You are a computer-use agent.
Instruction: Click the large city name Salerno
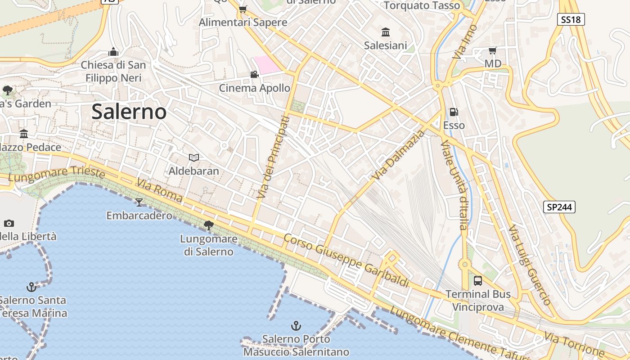coord(129,112)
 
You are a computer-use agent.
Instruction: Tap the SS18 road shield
coord(571,19)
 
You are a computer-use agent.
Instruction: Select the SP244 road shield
coord(559,207)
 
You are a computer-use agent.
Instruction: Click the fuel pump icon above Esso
coord(454,112)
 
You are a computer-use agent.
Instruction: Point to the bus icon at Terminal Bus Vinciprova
coord(478,281)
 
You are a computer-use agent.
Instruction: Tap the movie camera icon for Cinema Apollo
coord(254,74)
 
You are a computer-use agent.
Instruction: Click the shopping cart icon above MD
coord(493,50)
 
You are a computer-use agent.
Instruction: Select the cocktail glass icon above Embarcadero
coord(139,202)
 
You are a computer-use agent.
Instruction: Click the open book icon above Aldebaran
coord(194,157)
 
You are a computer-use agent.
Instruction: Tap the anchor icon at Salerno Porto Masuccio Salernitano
coord(296,325)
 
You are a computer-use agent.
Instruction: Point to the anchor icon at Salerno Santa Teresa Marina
coord(31,287)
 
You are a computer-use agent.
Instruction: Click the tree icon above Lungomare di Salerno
coord(208,225)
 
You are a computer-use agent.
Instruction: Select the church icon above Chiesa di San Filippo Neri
coord(113,52)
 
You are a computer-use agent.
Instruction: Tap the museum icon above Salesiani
coord(386,32)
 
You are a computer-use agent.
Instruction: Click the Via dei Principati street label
coord(273,157)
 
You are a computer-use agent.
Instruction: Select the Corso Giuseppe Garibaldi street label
coord(346,260)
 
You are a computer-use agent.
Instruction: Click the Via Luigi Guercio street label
coord(529,265)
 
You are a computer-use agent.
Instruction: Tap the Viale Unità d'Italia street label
coord(455,185)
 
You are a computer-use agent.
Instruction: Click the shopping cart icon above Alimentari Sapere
coord(243,9)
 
